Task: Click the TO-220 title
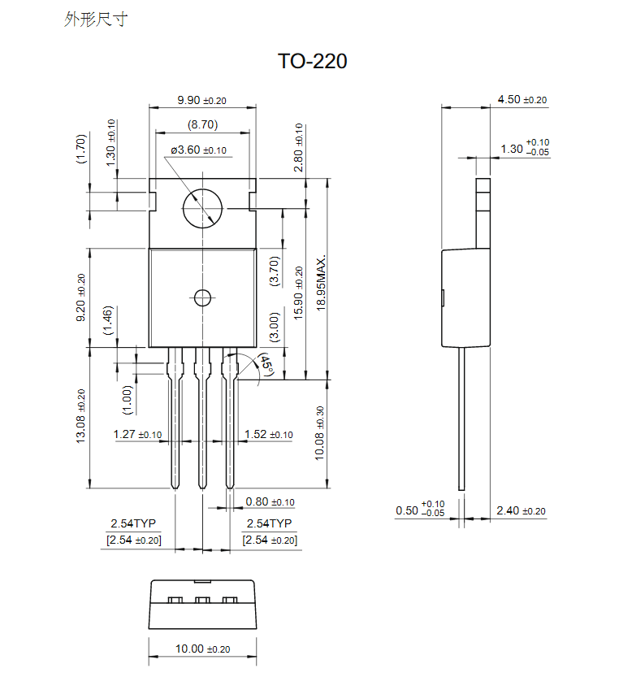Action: point(312,61)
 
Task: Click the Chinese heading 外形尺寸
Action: point(96,20)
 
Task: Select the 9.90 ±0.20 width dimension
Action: point(201,100)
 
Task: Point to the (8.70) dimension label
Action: point(201,125)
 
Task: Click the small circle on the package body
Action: point(201,297)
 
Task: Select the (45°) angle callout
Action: point(266,365)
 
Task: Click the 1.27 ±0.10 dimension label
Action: point(138,435)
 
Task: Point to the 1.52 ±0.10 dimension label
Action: point(269,435)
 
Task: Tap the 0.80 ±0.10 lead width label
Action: point(270,502)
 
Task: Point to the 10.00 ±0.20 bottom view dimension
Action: point(202,649)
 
